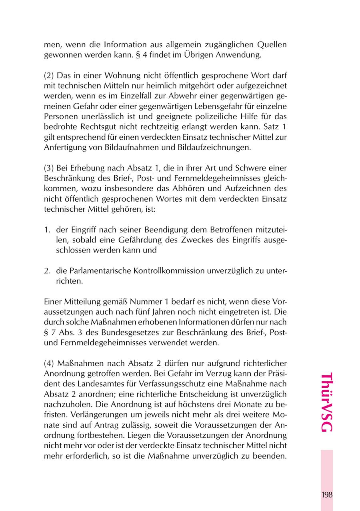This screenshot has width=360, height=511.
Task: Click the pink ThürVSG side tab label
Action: pos(326,403)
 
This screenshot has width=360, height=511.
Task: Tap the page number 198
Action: pos(326,495)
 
